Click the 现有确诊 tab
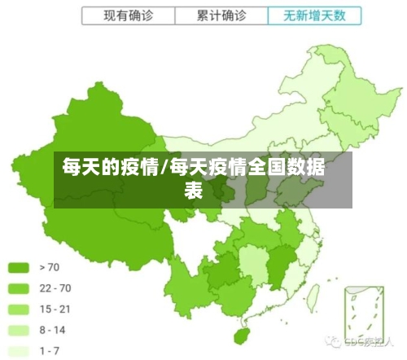point(128,15)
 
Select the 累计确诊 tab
point(221,15)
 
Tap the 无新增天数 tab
point(313,15)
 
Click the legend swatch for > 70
point(20,267)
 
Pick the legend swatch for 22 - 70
point(20,288)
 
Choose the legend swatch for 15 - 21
point(20,310)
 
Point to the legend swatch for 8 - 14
point(20,331)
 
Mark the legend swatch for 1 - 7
point(20,351)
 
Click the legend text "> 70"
point(49,267)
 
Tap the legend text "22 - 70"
point(55,288)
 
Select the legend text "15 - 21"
point(55,310)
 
